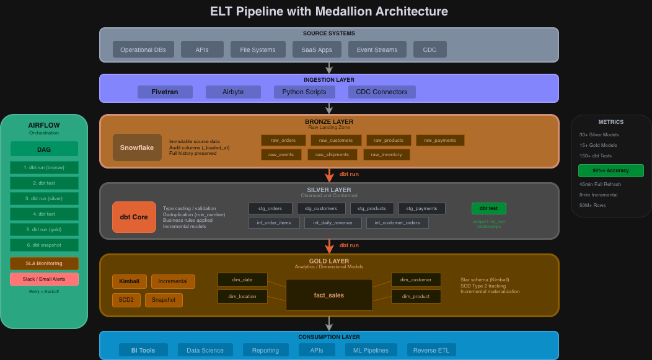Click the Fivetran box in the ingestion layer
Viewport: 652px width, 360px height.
[x=165, y=92]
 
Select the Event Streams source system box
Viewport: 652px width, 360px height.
[x=377, y=50]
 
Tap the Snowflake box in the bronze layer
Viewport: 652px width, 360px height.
[x=137, y=147]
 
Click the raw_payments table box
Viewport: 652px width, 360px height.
[x=440, y=141]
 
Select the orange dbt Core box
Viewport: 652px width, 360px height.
[x=134, y=217]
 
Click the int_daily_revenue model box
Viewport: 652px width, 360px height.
[x=333, y=222]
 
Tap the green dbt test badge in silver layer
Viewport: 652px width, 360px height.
[x=488, y=208]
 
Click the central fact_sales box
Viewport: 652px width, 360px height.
[x=328, y=295]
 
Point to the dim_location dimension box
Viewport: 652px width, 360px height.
[x=242, y=296]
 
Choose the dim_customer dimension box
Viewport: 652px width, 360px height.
[x=415, y=279]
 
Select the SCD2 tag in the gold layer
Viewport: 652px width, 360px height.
[x=126, y=300]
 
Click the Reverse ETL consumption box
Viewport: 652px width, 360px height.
[x=431, y=350]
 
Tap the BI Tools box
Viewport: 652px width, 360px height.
[x=143, y=350]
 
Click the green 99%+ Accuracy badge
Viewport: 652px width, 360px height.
[x=610, y=170]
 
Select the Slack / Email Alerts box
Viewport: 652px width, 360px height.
[x=44, y=279]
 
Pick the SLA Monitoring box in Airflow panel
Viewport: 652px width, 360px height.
[x=44, y=263]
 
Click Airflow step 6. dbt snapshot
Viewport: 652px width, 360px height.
[x=44, y=245]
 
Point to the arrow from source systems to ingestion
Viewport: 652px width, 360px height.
[x=329, y=68]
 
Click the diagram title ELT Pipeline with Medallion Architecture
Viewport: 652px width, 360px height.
[x=329, y=11]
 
